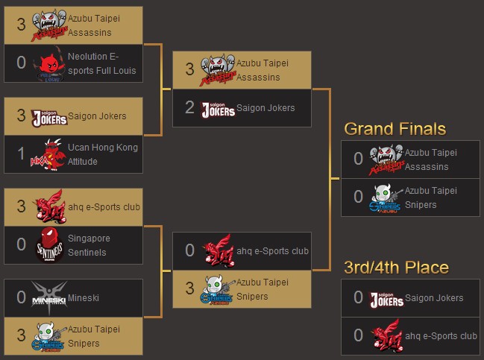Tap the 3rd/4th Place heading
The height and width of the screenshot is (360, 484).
pyautogui.click(x=396, y=268)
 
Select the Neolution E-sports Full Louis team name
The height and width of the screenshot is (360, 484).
pyautogui.click(x=103, y=63)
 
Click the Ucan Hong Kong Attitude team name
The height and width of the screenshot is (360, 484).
pyautogui.click(x=102, y=154)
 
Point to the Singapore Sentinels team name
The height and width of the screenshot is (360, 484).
pyautogui.click(x=88, y=245)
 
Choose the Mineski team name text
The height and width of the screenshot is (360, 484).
pyautogui.click(x=83, y=297)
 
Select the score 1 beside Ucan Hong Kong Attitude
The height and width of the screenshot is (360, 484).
pyautogui.click(x=22, y=155)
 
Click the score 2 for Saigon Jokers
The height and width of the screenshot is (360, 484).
pyautogui.click(x=189, y=108)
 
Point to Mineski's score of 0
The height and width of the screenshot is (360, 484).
pyautogui.click(x=22, y=297)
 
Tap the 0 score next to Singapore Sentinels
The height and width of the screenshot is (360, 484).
pyautogui.click(x=22, y=244)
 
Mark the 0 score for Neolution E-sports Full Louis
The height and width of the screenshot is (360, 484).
pyautogui.click(x=22, y=63)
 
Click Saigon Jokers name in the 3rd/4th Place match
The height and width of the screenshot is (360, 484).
pyautogui.click(x=434, y=298)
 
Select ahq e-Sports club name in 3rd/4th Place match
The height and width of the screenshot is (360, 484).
pyautogui.click(x=441, y=336)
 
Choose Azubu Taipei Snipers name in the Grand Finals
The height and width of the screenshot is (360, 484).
pyautogui.click(x=431, y=198)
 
